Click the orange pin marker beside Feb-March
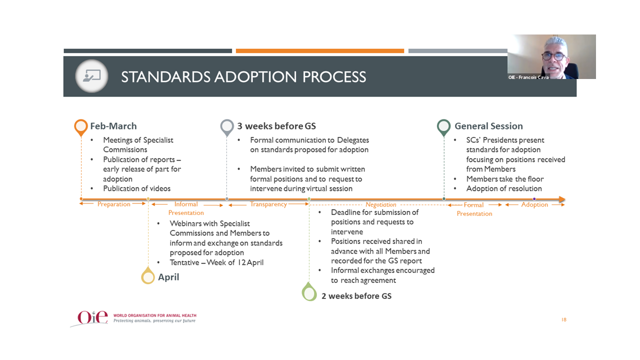(x=81, y=127)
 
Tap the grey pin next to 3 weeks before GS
(x=227, y=127)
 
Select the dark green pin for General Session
(x=443, y=127)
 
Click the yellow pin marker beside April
(x=148, y=275)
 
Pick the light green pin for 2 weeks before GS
(x=309, y=291)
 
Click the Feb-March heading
(x=113, y=126)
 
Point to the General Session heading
(x=488, y=126)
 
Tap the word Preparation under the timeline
(x=113, y=204)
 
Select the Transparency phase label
(x=268, y=204)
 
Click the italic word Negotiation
(x=381, y=204)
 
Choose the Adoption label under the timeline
(x=534, y=204)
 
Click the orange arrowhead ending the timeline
(x=562, y=199)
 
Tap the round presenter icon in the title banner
(x=91, y=76)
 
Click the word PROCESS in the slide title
(x=334, y=77)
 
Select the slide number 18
(x=563, y=319)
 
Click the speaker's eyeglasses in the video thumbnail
(x=554, y=56)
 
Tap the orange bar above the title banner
(x=319, y=51)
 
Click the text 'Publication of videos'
(x=136, y=188)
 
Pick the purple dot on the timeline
(x=534, y=199)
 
